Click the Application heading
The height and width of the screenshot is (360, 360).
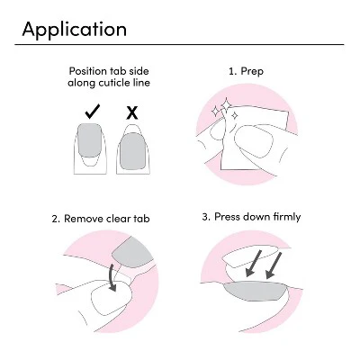click(x=75, y=30)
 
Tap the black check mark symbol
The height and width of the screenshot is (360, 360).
click(x=93, y=112)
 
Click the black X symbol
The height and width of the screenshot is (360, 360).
click(x=132, y=112)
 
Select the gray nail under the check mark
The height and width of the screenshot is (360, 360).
click(x=89, y=139)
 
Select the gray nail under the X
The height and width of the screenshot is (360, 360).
click(x=132, y=150)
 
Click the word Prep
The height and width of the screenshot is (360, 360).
click(x=252, y=72)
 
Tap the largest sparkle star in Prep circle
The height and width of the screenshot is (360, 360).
click(x=226, y=105)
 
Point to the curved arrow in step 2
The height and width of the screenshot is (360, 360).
click(x=112, y=277)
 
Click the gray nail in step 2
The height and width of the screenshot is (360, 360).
click(x=131, y=251)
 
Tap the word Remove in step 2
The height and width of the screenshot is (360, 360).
click(x=84, y=219)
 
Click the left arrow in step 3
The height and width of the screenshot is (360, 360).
click(x=253, y=263)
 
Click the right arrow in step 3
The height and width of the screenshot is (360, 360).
click(x=274, y=265)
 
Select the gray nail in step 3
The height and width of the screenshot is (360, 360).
click(x=255, y=291)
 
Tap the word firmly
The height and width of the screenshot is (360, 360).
click(x=287, y=217)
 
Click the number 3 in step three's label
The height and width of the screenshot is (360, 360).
click(x=205, y=217)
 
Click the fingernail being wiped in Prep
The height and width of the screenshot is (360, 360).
click(x=254, y=141)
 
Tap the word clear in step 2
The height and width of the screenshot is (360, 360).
click(x=119, y=219)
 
